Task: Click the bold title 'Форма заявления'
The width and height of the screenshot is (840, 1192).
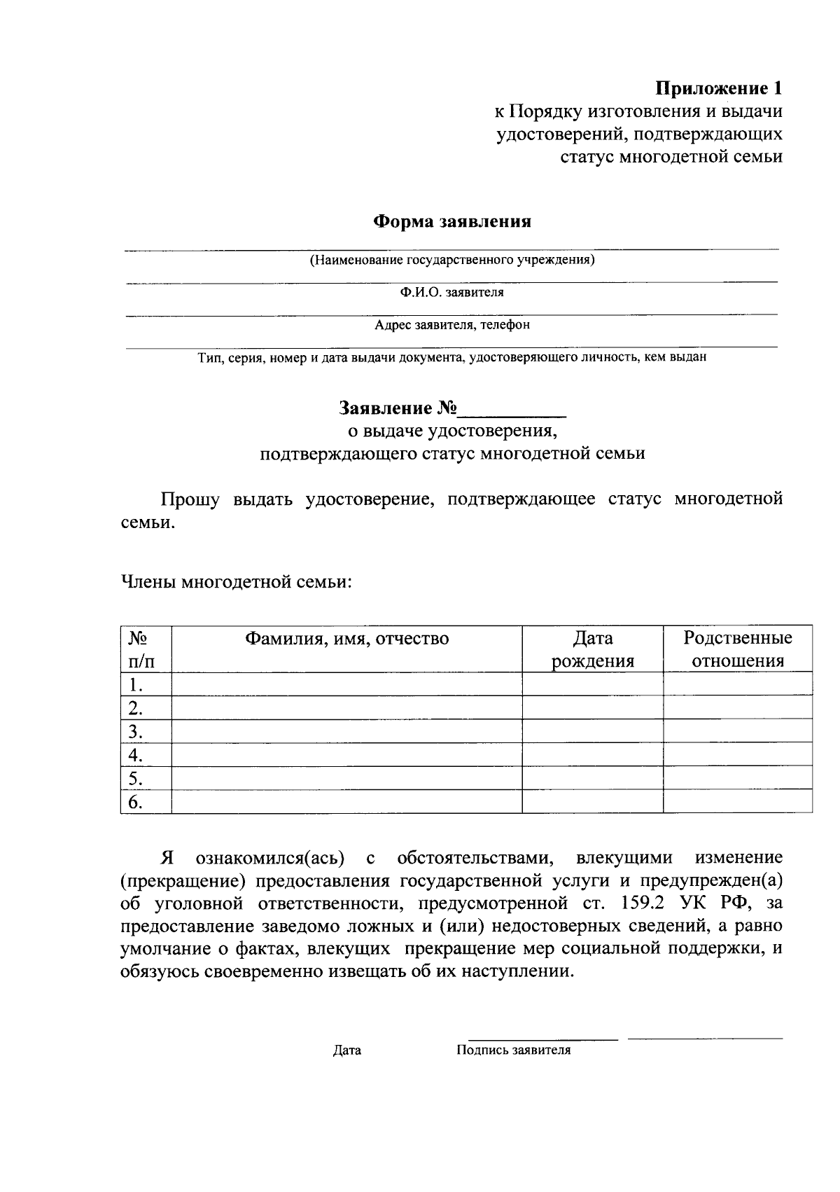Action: click(x=452, y=222)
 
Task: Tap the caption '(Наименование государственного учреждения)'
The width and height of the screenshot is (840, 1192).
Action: click(x=452, y=261)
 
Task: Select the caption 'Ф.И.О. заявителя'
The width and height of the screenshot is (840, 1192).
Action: click(x=452, y=293)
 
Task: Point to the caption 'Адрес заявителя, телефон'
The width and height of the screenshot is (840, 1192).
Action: click(x=452, y=325)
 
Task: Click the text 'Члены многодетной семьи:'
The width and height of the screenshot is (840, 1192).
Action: click(x=237, y=582)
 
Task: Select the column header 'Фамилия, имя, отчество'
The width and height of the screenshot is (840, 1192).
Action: click(x=346, y=638)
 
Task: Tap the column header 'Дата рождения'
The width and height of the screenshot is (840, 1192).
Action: click(x=592, y=649)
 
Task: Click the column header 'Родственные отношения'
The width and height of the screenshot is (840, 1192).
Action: click(x=738, y=649)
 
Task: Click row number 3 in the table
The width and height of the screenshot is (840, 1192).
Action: click(x=136, y=732)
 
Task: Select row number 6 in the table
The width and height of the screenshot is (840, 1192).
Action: click(x=136, y=803)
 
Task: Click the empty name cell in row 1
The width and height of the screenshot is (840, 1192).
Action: click(x=346, y=684)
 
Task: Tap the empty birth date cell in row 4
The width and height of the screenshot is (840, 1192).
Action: click(x=592, y=755)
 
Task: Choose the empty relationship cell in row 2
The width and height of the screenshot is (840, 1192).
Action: click(x=738, y=708)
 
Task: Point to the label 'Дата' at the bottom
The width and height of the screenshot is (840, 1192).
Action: click(x=347, y=1051)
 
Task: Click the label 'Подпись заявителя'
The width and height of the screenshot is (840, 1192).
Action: click(x=513, y=1051)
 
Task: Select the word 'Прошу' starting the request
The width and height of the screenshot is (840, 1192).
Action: click(x=190, y=499)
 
